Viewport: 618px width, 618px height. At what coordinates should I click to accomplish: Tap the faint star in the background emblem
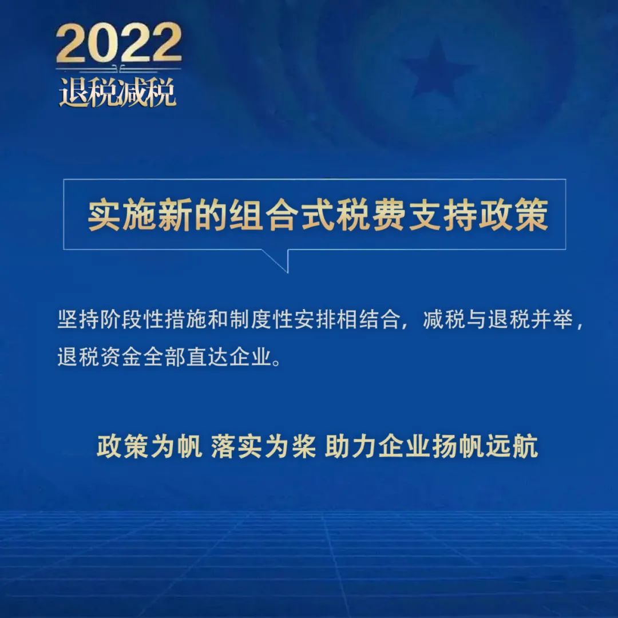438,66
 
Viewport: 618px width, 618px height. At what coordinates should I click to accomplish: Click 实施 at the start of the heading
105,215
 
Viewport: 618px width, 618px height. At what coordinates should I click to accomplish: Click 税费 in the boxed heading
370,215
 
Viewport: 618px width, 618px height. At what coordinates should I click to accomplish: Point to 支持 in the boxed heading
442,215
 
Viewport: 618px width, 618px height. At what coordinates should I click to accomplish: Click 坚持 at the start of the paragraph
78,319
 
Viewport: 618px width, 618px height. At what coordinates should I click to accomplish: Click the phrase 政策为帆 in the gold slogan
149,446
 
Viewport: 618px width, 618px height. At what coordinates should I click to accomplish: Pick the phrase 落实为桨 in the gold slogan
263,446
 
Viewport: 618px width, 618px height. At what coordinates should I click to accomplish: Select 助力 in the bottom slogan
351,446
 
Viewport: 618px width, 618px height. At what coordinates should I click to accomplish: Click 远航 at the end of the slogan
512,446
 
